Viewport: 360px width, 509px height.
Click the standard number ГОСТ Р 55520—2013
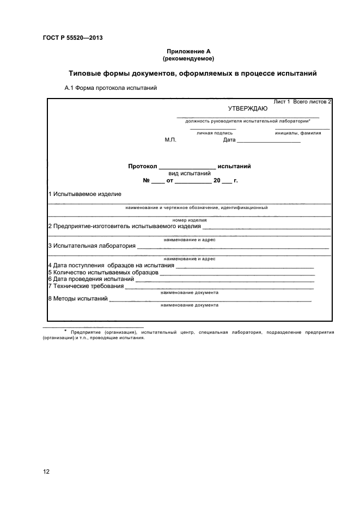(x=72, y=38)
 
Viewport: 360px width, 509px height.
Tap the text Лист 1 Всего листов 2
(x=302, y=102)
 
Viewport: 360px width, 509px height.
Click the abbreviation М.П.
(x=170, y=140)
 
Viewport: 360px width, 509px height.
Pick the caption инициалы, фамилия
(x=298, y=132)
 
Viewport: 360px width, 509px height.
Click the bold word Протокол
(x=142, y=167)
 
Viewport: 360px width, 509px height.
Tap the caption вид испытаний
(x=190, y=174)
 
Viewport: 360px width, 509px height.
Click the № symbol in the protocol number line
(x=146, y=180)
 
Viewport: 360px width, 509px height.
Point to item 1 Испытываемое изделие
(x=85, y=194)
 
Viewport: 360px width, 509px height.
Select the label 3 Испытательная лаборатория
(x=92, y=246)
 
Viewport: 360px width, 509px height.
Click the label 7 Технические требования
(x=86, y=286)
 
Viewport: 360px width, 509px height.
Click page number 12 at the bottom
(x=46, y=471)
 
